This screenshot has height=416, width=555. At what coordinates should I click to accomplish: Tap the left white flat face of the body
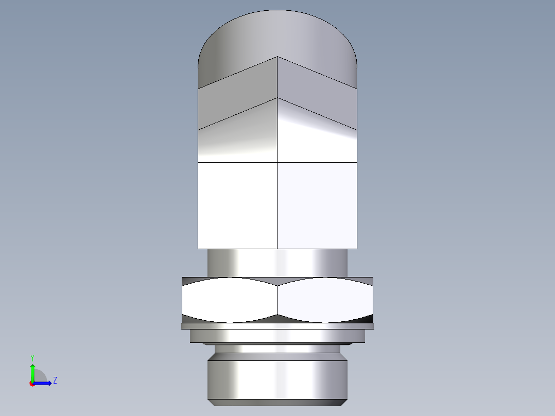pyautogui.click(x=238, y=206)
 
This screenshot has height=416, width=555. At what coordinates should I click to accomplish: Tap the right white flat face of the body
pyautogui.click(x=317, y=206)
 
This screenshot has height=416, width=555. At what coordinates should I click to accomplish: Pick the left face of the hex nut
pyautogui.click(x=229, y=300)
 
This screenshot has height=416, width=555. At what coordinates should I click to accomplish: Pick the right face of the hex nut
pyautogui.click(x=324, y=300)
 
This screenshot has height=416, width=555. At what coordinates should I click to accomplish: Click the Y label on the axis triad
pyautogui.click(x=32, y=357)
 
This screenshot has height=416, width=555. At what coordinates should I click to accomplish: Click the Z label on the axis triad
pyautogui.click(x=55, y=380)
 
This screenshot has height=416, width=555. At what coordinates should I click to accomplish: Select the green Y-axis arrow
pyautogui.click(x=32, y=372)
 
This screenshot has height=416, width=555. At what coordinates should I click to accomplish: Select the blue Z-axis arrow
pyautogui.click(x=43, y=383)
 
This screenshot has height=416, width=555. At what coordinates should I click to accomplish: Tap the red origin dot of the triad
pyautogui.click(x=32, y=384)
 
